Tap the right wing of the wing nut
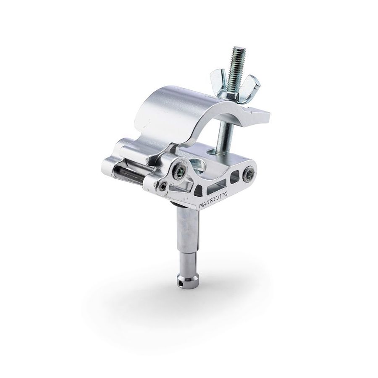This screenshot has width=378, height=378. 253,85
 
